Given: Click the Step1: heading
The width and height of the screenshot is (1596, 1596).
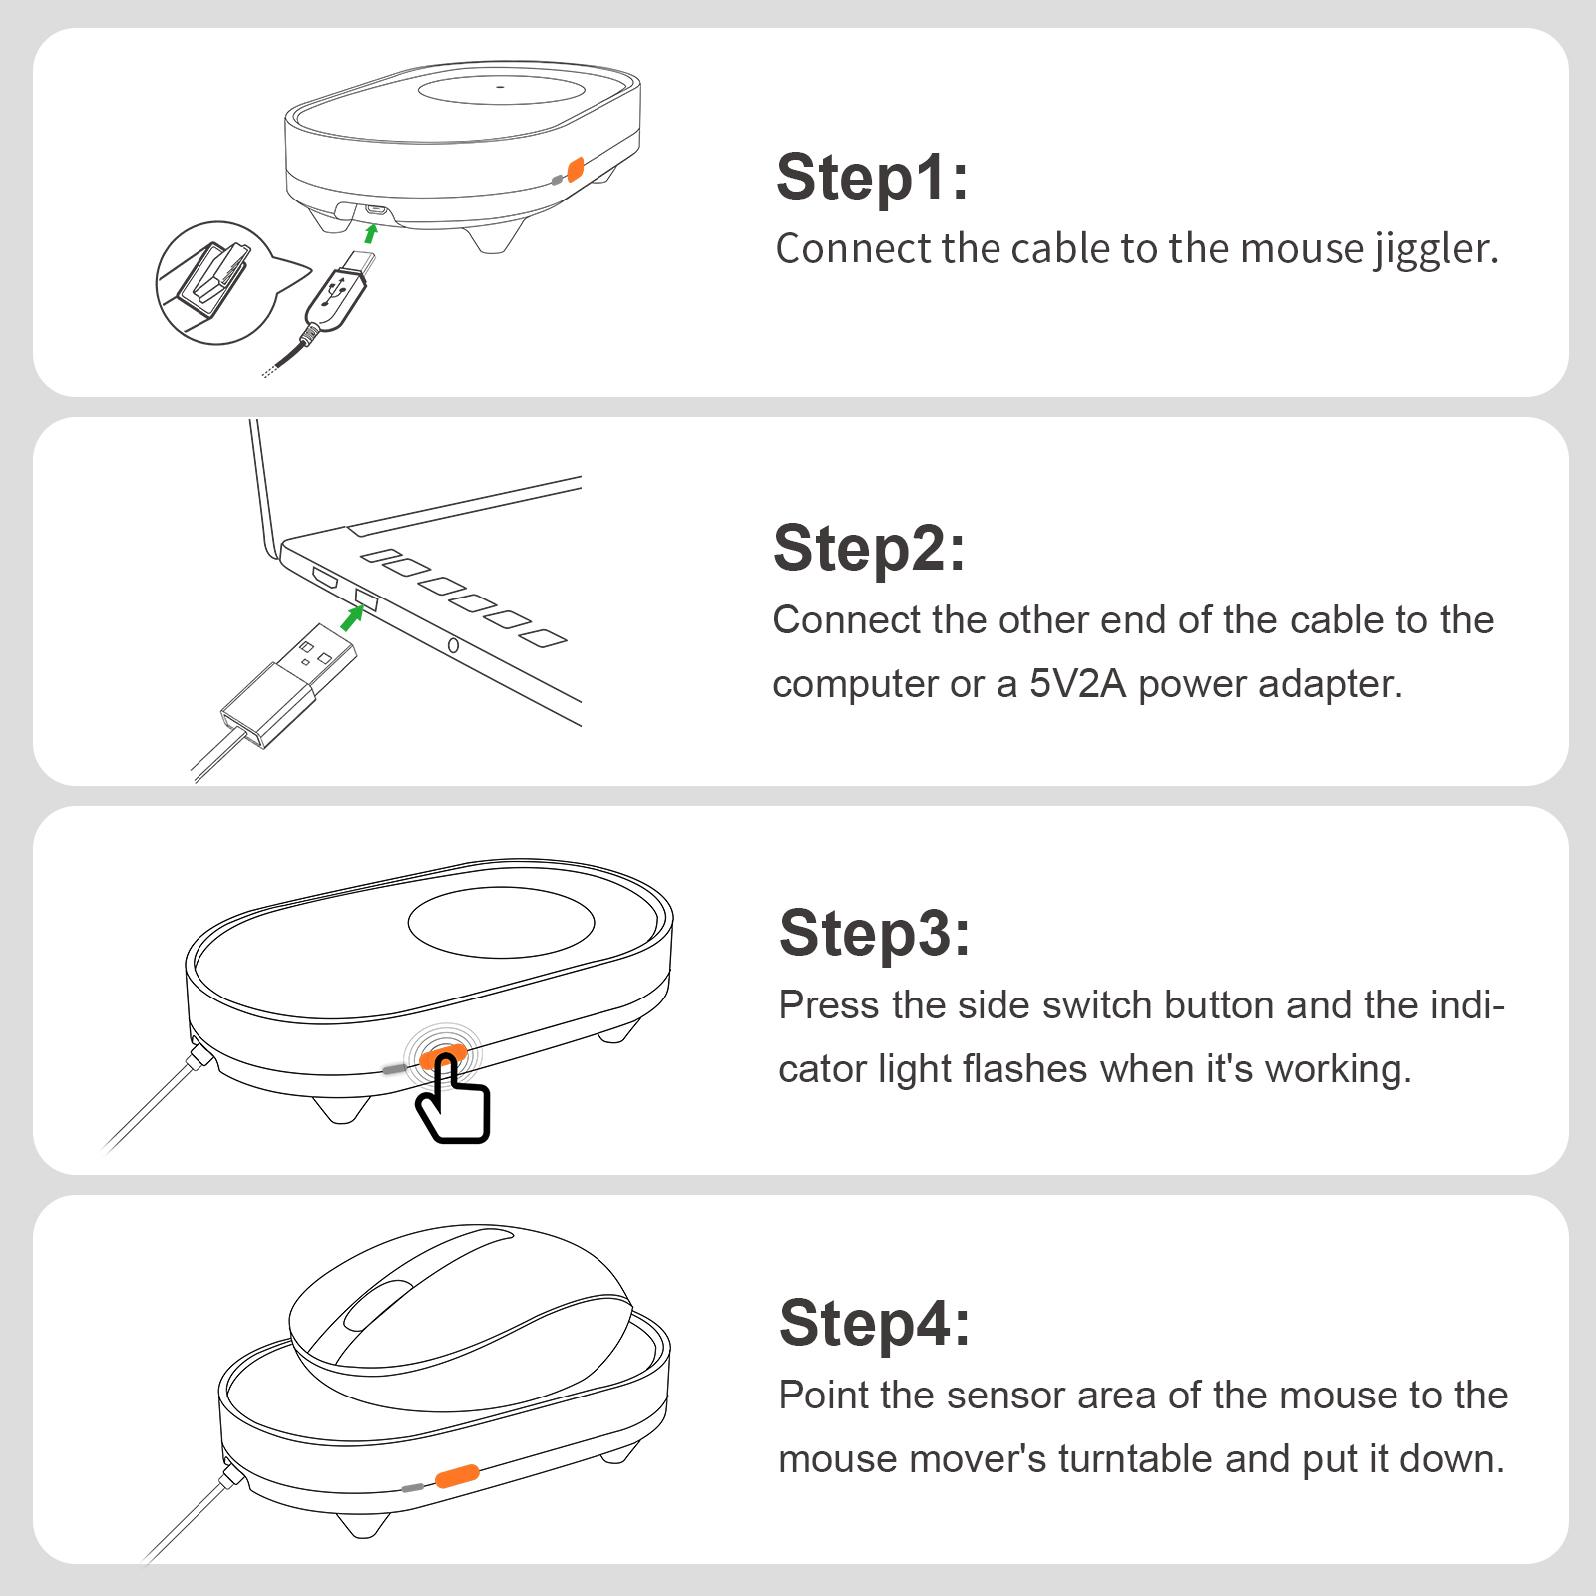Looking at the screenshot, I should click(x=872, y=178).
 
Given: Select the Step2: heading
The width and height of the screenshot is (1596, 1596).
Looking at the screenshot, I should click(x=869, y=549).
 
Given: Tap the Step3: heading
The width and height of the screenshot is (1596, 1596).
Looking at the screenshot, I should click(x=874, y=934).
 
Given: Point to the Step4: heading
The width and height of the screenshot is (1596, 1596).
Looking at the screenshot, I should click(x=874, y=1324).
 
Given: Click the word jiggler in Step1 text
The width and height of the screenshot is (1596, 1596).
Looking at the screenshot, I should click(x=1435, y=250).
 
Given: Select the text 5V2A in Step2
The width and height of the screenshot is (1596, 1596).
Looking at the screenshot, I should click(x=1077, y=684).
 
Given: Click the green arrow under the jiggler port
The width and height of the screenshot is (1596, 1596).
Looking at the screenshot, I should click(x=371, y=233).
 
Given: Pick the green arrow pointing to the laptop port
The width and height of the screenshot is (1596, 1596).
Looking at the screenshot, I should click(x=351, y=617).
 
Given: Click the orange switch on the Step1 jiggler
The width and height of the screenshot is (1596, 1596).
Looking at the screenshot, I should click(x=575, y=169).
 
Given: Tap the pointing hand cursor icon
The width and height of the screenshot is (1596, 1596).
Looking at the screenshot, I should click(x=454, y=1102).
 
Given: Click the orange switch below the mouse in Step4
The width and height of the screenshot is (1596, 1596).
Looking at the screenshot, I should click(x=457, y=1475).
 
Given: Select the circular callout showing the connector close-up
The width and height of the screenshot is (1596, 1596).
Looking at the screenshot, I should click(x=213, y=283).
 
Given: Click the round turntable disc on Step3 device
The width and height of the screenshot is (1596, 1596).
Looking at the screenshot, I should click(x=501, y=922).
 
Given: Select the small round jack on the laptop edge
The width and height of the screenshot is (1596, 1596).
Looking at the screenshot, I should click(x=453, y=646).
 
